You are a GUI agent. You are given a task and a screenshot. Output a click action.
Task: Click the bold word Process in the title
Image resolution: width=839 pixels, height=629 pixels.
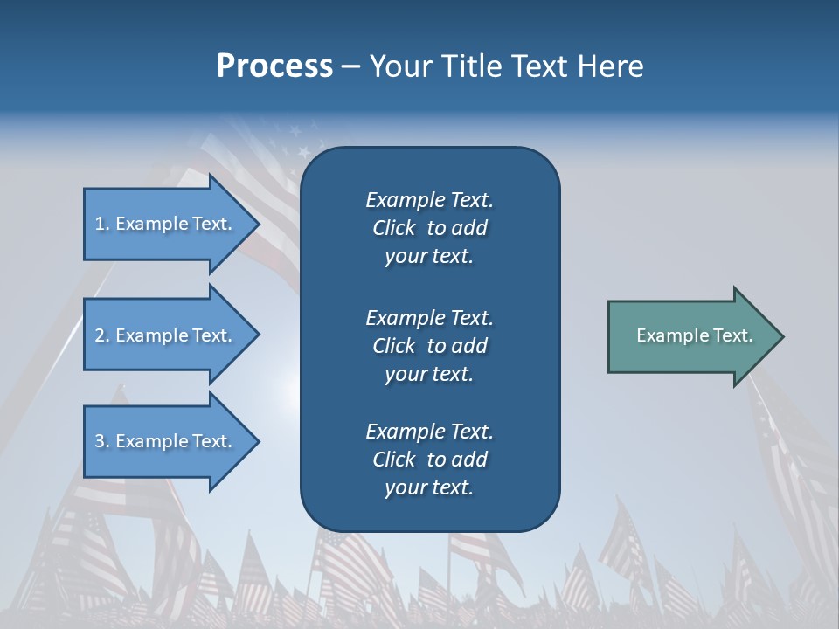coord(274,66)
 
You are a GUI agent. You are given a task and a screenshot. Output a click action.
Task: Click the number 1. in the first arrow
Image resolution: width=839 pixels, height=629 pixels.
coord(102,224)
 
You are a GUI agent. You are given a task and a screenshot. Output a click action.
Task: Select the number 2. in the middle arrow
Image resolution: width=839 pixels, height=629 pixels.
coord(102,335)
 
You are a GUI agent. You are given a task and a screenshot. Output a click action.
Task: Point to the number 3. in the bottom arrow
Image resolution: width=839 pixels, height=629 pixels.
coord(102,441)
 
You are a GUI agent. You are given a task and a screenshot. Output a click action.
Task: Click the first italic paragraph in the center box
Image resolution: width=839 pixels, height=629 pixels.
coord(429,228)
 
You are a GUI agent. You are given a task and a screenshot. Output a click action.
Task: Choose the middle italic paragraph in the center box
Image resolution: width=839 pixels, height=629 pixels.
coord(429,346)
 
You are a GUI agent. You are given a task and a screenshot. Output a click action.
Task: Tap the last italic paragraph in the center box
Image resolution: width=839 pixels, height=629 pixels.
coord(429,460)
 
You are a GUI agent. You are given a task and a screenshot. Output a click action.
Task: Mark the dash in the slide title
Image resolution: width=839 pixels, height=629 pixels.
coord(350,67)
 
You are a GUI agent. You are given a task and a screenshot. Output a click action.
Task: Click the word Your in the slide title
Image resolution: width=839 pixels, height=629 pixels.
coord(401,66)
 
